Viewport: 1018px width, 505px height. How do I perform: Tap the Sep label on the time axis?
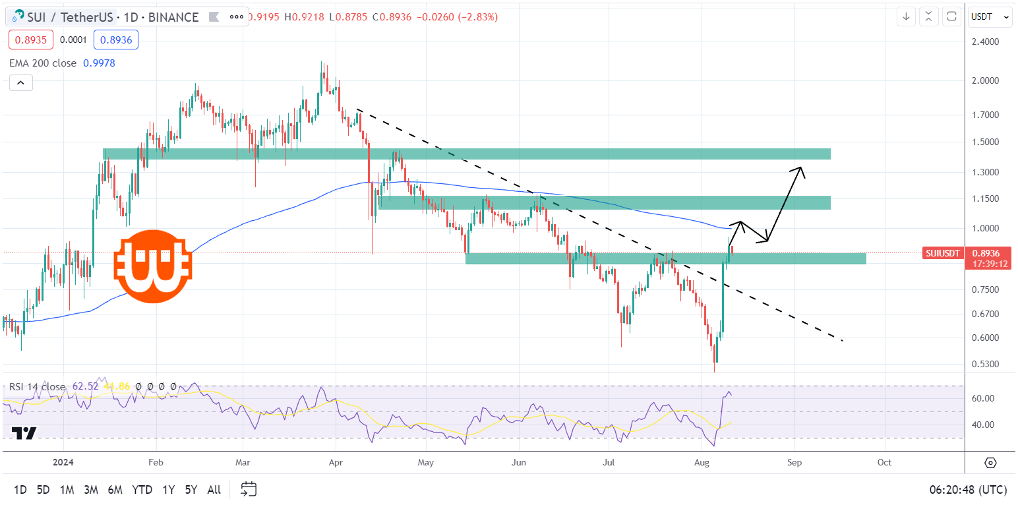click(x=794, y=463)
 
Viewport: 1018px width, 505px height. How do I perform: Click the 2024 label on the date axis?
click(x=63, y=463)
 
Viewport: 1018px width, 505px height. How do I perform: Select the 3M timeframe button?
click(x=91, y=490)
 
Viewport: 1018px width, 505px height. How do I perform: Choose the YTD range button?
click(x=142, y=490)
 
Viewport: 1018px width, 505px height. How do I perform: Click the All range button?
click(x=214, y=490)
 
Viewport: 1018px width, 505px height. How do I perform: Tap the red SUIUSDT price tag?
click(x=944, y=252)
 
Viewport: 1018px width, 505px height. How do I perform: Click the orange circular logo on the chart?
click(x=152, y=266)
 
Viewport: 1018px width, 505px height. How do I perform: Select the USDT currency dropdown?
click(x=990, y=17)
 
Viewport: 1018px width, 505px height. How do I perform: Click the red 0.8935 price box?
click(x=29, y=40)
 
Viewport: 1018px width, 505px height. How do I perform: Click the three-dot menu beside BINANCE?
click(x=237, y=17)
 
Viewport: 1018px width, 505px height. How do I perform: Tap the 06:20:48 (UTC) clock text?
click(x=968, y=490)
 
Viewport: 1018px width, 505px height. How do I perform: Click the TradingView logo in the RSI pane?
click(x=24, y=433)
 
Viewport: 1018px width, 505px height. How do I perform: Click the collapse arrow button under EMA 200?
click(x=20, y=83)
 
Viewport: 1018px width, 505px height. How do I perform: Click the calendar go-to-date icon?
click(x=249, y=489)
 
